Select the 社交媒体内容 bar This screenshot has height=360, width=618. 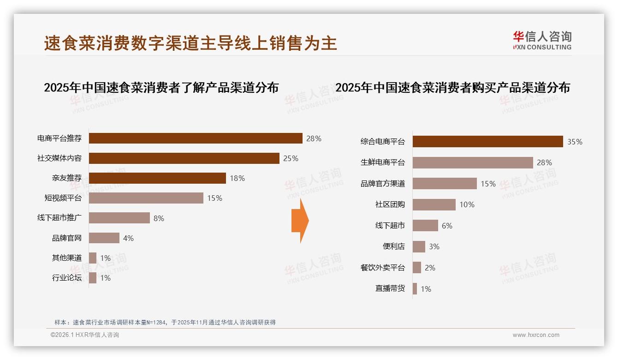click(x=184, y=158)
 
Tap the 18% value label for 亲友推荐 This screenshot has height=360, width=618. click(x=237, y=178)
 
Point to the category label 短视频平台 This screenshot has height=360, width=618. click(x=63, y=198)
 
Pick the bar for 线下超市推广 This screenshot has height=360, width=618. click(x=119, y=218)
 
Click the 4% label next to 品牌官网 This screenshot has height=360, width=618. click(x=128, y=238)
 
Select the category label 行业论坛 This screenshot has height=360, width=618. click(x=66, y=278)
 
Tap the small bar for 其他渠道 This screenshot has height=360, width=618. click(x=93, y=258)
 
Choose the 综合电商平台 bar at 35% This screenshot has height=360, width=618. click(x=487, y=142)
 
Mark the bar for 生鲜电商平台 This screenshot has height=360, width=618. click(x=473, y=162)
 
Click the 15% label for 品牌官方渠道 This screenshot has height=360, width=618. click(x=488, y=184)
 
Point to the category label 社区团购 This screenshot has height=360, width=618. click(x=390, y=204)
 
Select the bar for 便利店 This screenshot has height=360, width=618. click(x=419, y=246)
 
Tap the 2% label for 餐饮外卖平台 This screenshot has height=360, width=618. click(x=430, y=268)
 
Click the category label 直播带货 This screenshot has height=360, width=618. click(x=390, y=288)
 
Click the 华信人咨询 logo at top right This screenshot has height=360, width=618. click(x=542, y=40)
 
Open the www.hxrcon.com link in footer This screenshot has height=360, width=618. click(x=536, y=335)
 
